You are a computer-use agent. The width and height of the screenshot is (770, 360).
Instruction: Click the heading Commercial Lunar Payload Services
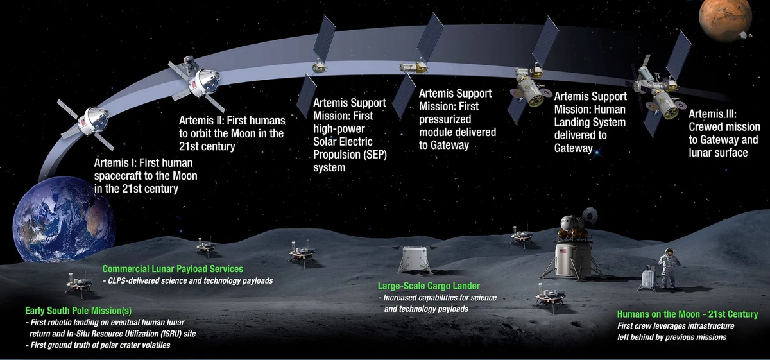tap(173, 270)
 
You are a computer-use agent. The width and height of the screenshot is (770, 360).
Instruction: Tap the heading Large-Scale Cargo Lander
tap(429, 286)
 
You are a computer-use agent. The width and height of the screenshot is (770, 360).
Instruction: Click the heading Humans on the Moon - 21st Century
tap(687, 314)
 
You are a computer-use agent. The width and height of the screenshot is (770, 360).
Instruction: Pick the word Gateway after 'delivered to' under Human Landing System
tap(574, 148)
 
